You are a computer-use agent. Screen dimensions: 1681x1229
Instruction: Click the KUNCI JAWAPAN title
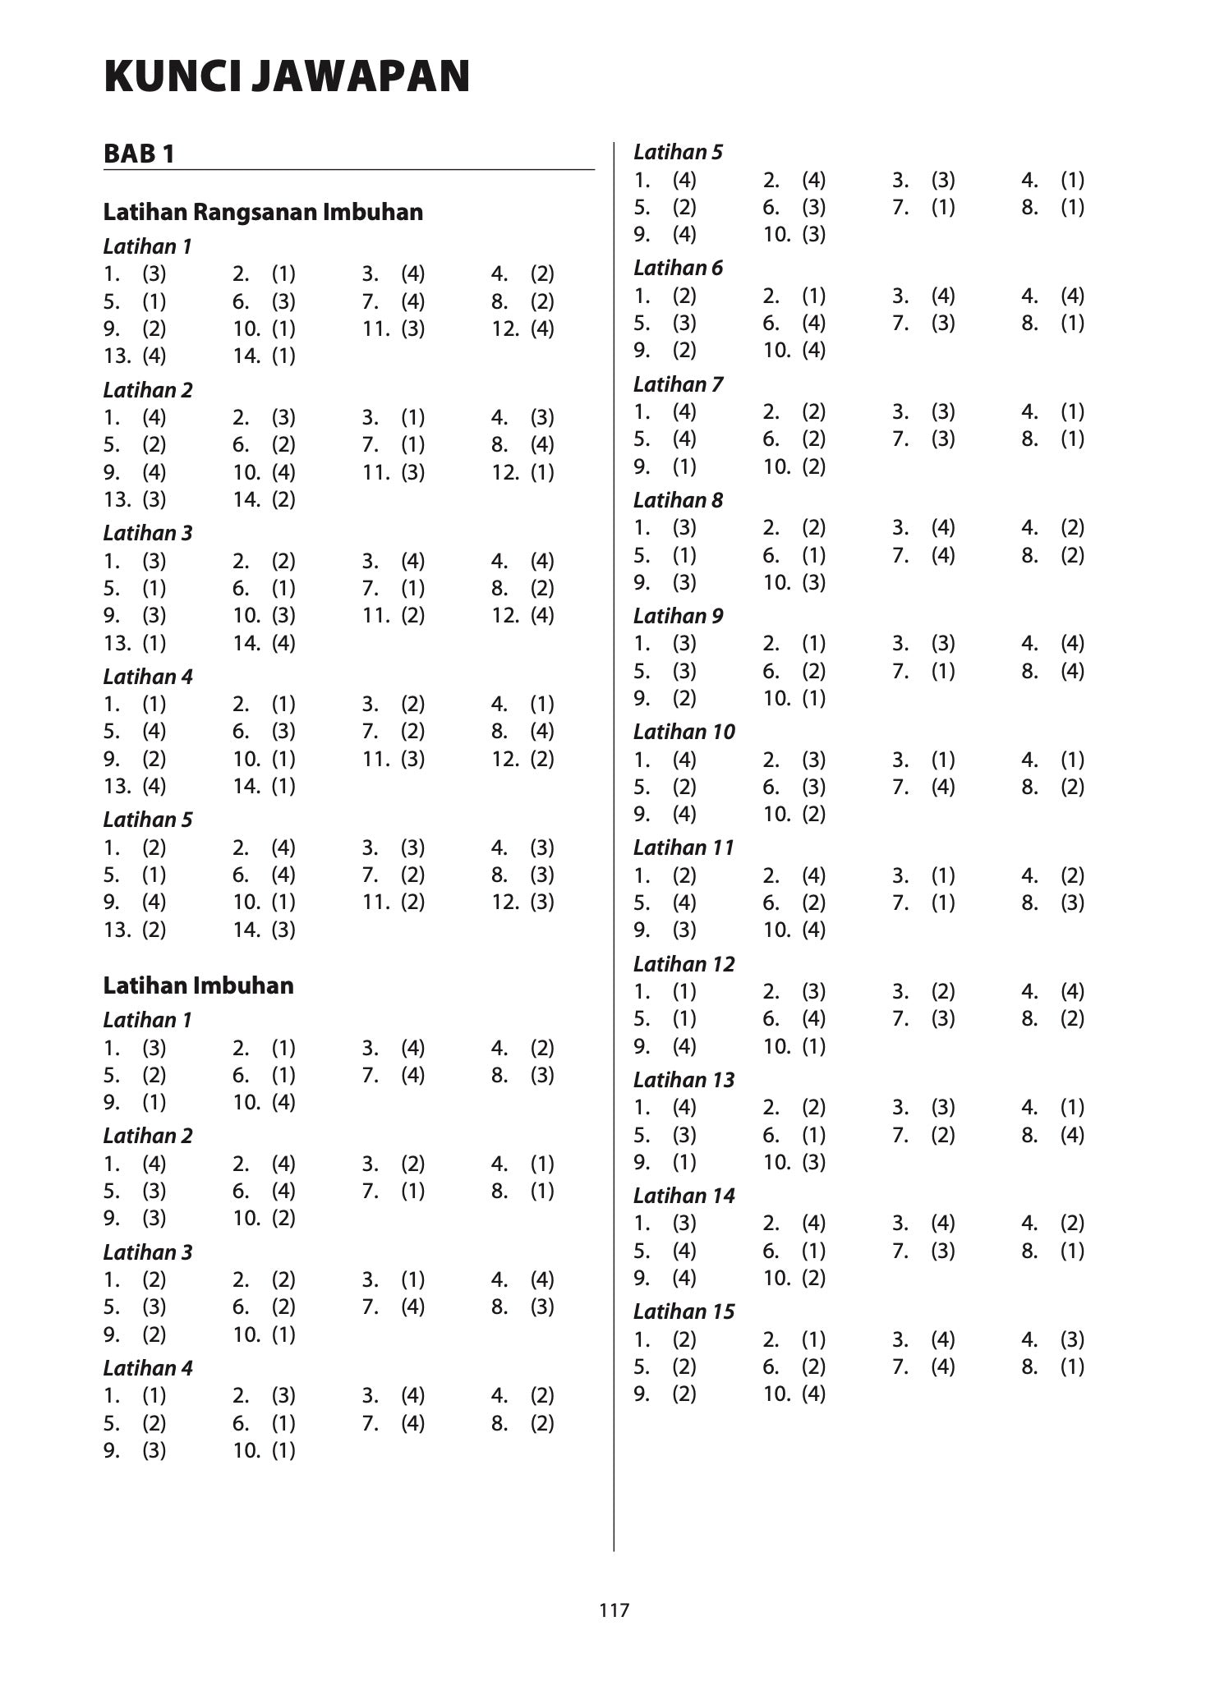pyautogui.click(x=287, y=77)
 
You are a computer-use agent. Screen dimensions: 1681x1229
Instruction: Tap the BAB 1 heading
pyautogui.click(x=139, y=154)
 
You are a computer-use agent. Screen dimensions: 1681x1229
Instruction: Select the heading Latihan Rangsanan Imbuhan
pyautogui.click(x=263, y=212)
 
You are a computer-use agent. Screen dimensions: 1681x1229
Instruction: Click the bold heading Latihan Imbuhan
pyautogui.click(x=198, y=985)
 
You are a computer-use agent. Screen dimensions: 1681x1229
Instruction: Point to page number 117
pyautogui.click(x=614, y=1610)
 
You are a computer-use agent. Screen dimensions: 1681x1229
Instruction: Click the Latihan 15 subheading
pyautogui.click(x=684, y=1311)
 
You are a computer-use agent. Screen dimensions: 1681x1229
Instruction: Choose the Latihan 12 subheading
pyautogui.click(x=684, y=964)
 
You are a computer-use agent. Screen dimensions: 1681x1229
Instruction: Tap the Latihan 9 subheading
pyautogui.click(x=678, y=616)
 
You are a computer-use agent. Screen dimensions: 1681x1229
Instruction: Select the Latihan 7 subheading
pyautogui.click(x=678, y=384)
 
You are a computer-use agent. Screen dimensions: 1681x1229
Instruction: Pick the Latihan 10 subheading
pyautogui.click(x=684, y=732)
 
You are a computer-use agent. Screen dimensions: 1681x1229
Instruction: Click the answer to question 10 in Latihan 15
pyautogui.click(x=813, y=1394)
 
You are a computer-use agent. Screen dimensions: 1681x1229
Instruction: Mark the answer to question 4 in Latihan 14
pyautogui.click(x=1072, y=1223)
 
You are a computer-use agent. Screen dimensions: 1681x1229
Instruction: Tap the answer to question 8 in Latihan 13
pyautogui.click(x=1072, y=1135)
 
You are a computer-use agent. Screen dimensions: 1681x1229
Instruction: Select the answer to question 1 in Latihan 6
pyautogui.click(x=684, y=296)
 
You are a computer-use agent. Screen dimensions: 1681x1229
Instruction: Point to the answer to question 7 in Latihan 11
pyautogui.click(x=943, y=903)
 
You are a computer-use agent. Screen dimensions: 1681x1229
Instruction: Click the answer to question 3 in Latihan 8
pyautogui.click(x=943, y=527)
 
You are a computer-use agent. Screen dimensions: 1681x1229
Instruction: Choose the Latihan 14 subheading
pyautogui.click(x=684, y=1196)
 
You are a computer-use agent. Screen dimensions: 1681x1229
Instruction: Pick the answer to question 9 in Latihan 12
pyautogui.click(x=684, y=1046)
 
